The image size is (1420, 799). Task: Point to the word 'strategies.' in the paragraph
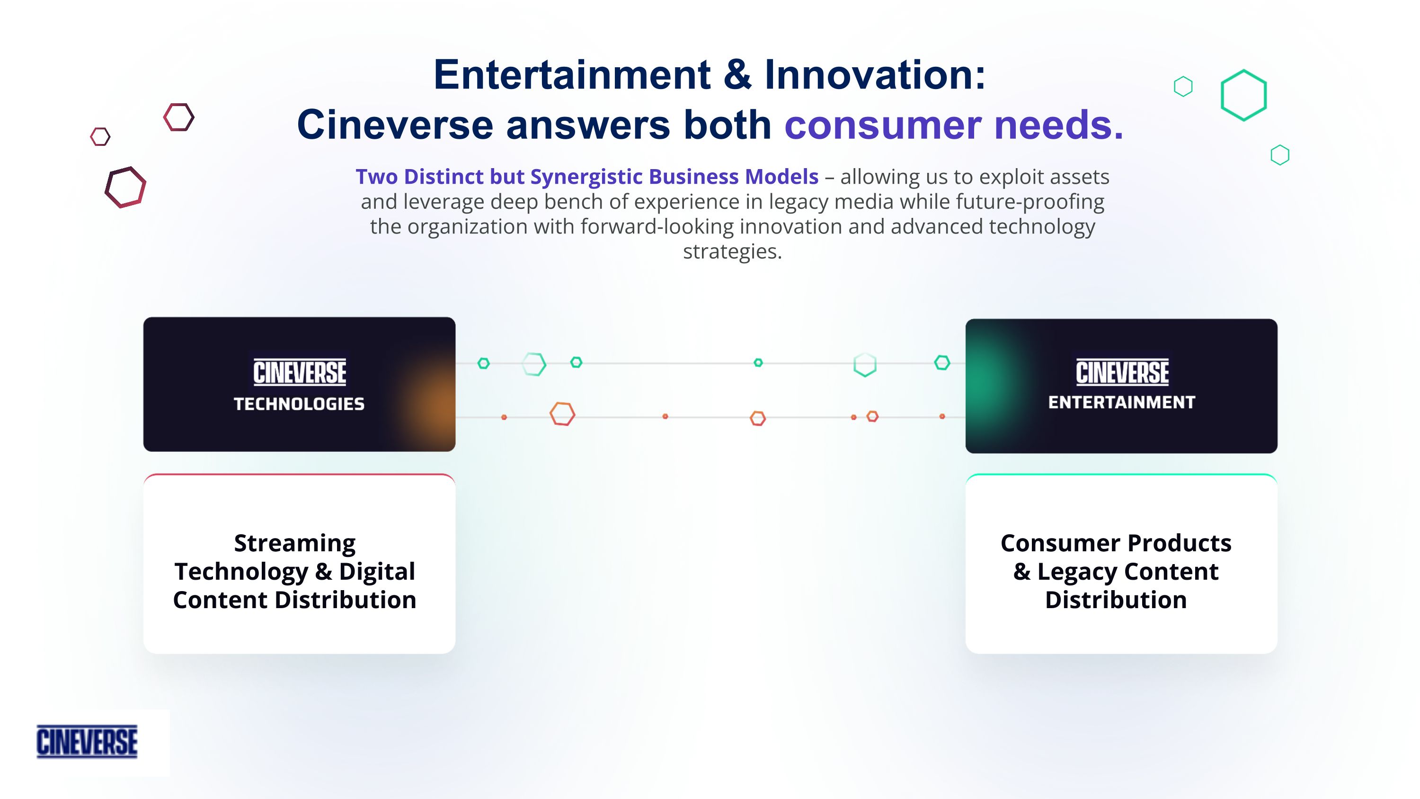click(732, 251)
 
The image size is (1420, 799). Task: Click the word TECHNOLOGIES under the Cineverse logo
click(299, 404)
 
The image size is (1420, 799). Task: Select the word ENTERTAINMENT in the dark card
click(1121, 403)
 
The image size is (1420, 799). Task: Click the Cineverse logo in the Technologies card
click(299, 372)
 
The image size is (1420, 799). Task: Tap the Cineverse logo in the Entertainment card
click(1122, 372)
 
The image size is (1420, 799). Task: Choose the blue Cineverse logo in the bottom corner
click(87, 742)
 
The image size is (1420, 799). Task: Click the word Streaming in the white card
click(295, 543)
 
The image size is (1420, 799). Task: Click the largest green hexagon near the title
click(1243, 95)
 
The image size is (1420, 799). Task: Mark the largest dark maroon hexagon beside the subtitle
click(126, 188)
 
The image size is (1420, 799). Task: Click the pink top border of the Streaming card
click(299, 474)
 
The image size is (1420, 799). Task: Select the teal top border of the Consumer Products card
click(1121, 474)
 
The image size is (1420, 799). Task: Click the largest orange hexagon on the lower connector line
click(562, 414)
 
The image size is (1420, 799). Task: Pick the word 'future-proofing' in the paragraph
click(1029, 202)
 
